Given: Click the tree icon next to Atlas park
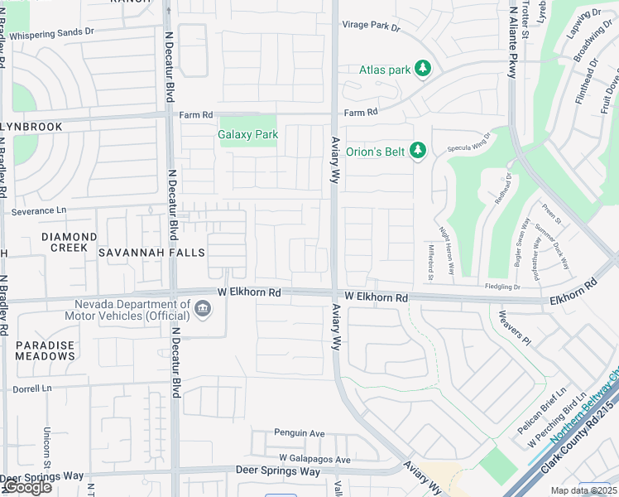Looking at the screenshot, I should [424, 68].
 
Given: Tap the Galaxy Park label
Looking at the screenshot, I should [247, 134].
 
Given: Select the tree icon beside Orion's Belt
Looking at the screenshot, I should [419, 150].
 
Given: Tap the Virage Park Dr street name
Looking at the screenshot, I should [371, 27].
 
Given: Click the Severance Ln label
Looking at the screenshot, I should [39, 211].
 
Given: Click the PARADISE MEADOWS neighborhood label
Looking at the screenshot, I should [45, 350].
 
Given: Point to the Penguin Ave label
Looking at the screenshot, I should [300, 433].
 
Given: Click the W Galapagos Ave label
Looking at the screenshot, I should [314, 459].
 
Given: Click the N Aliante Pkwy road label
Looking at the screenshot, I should [513, 41].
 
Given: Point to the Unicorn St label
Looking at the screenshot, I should [46, 447].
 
